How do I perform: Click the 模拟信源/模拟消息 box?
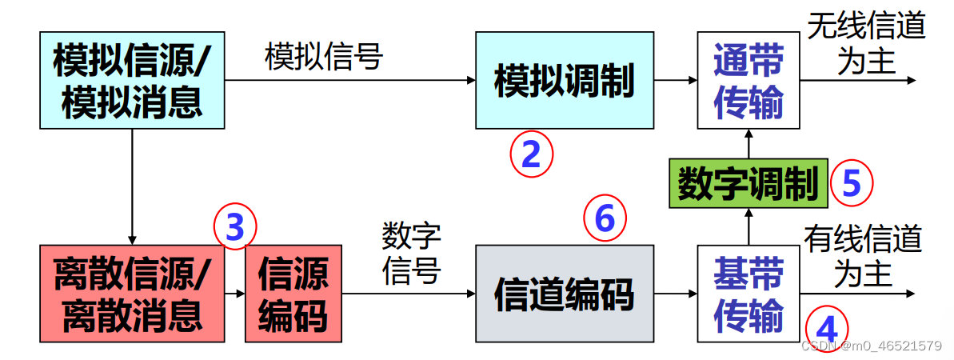[132, 80]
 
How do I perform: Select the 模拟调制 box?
[564, 80]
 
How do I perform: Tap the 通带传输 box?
[748, 80]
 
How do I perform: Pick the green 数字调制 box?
[748, 183]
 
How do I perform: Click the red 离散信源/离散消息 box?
[132, 294]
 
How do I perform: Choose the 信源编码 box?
[293, 294]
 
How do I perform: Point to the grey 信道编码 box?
[564, 294]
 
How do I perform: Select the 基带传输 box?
[748, 294]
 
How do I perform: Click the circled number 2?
[531, 155]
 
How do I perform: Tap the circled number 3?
[234, 227]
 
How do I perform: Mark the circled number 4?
[824, 329]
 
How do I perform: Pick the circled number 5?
[852, 183]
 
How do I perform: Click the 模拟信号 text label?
[324, 56]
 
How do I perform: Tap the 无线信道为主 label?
[866, 44]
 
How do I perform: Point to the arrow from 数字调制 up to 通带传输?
[748, 145]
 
